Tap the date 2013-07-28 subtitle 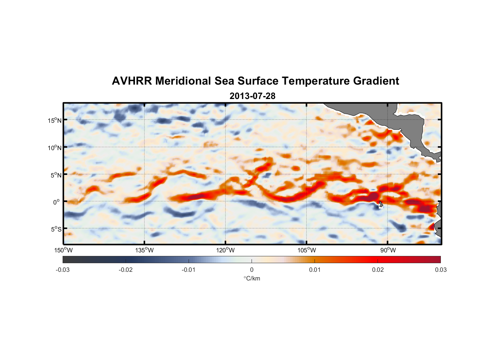[x=252, y=96]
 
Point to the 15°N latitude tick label [x=55, y=120]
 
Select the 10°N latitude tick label [x=55, y=148]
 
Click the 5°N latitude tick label [x=56, y=175]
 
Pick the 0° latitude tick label [x=57, y=202]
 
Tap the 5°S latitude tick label [x=56, y=229]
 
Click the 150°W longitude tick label [x=64, y=250]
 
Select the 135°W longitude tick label [x=145, y=250]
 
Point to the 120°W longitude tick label [x=226, y=250]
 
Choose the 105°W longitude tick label [x=307, y=250]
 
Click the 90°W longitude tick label [x=388, y=250]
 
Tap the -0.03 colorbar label [x=63, y=270]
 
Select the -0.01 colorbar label [x=189, y=270]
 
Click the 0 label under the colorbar [x=252, y=270]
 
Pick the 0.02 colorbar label [x=378, y=270]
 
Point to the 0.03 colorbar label [x=440, y=270]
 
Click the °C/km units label [x=252, y=278]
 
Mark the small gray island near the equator [x=381, y=204]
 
